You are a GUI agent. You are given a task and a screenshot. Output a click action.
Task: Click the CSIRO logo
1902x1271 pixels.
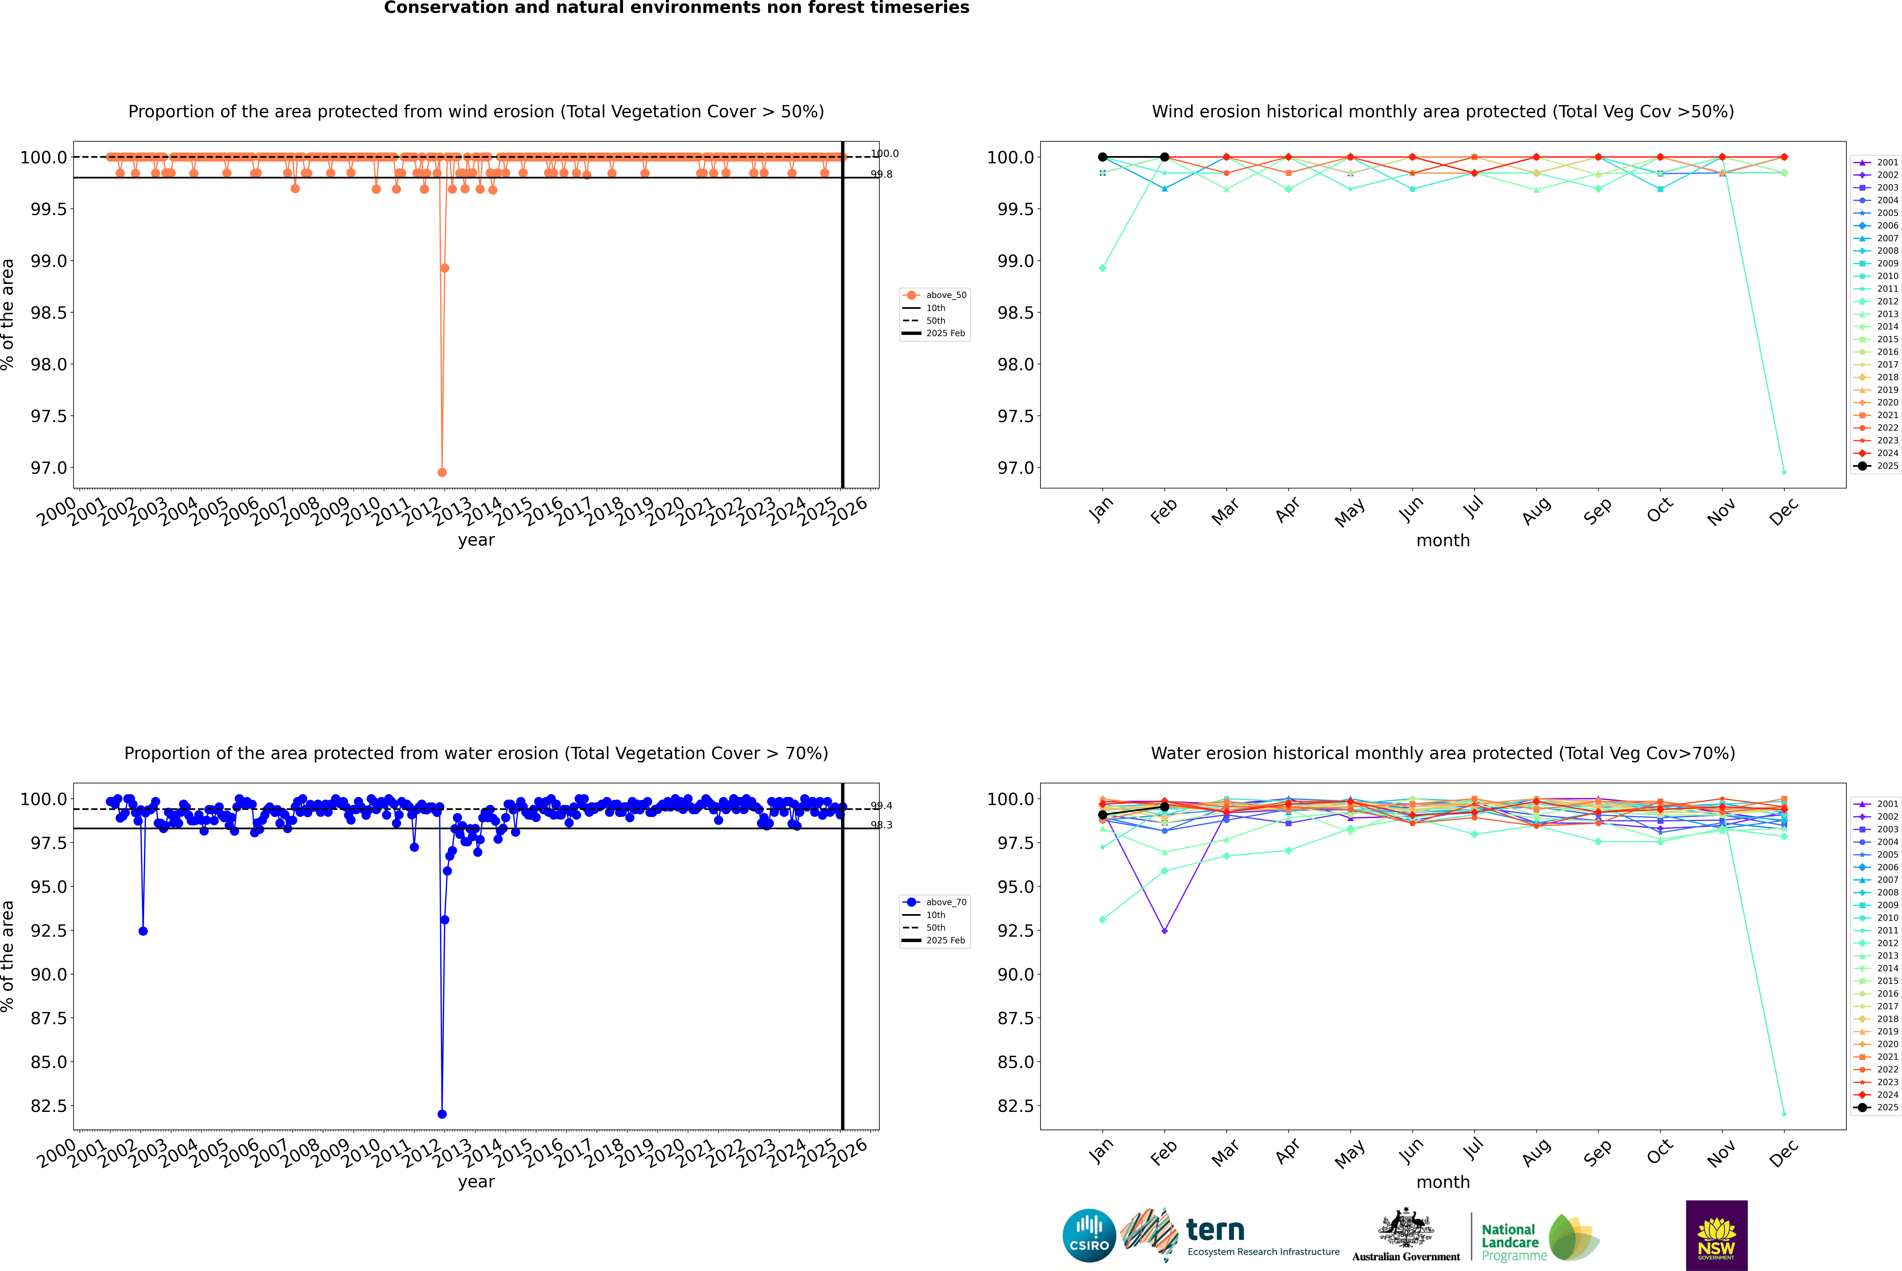pos(1089,1235)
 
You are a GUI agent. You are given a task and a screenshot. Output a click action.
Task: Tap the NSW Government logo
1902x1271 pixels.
pos(1716,1235)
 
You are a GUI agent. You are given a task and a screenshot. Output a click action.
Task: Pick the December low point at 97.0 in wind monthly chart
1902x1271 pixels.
pos(1784,472)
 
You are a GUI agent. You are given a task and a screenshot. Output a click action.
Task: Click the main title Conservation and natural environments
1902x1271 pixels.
pos(676,8)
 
